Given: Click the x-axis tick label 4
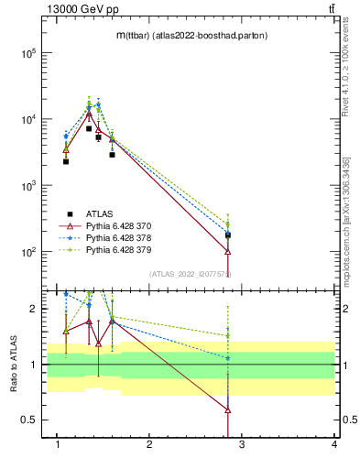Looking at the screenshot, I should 333,444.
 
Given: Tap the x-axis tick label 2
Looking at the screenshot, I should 149,444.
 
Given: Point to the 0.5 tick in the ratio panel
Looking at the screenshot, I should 29,420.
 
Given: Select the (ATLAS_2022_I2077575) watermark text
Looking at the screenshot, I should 190,274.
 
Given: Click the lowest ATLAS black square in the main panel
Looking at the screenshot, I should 228,235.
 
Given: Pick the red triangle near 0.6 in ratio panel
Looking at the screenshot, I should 228,409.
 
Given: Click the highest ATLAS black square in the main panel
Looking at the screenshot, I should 89,128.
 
